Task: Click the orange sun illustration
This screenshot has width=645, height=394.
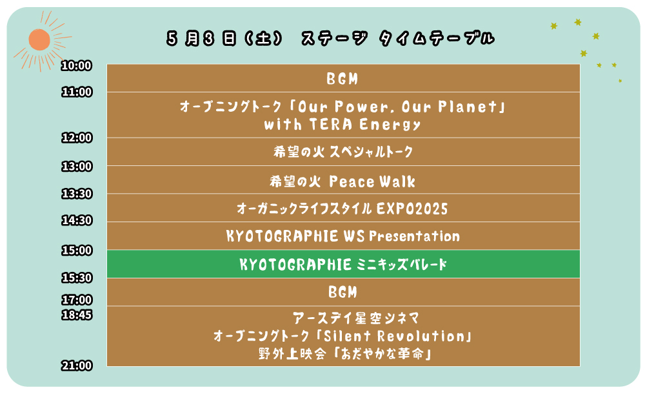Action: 39,40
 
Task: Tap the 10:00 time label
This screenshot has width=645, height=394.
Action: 77,65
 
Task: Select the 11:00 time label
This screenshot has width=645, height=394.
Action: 77,92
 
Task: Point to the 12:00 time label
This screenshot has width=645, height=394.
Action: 77,138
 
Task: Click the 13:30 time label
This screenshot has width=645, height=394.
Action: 77,194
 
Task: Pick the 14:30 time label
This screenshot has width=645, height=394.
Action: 77,220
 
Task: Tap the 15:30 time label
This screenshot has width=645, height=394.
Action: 77,278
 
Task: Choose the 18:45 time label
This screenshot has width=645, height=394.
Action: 77,315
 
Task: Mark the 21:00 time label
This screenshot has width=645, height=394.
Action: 77,366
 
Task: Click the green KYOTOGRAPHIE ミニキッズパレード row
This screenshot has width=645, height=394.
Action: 343,264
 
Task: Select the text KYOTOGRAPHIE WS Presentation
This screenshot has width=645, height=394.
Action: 343,236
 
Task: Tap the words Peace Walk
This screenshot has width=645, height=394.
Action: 372,181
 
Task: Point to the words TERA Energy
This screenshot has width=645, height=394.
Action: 365,125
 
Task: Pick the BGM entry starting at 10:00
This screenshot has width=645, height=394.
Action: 342,78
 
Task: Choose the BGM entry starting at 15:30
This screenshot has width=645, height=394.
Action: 342,292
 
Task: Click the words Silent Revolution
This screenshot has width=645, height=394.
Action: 395,337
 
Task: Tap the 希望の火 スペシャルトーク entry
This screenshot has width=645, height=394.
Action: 343,152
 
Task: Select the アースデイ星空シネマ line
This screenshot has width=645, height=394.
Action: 356,318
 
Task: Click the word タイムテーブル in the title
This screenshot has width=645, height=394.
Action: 437,38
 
